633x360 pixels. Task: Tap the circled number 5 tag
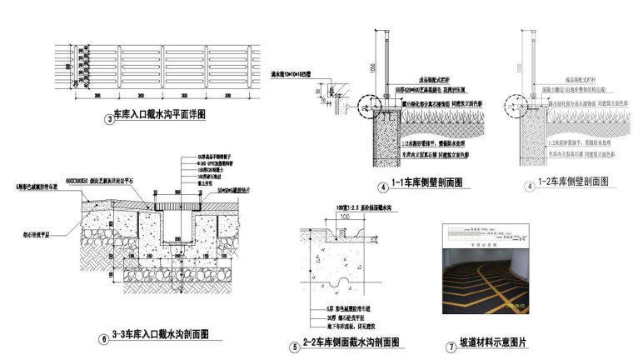(x=294, y=346)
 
